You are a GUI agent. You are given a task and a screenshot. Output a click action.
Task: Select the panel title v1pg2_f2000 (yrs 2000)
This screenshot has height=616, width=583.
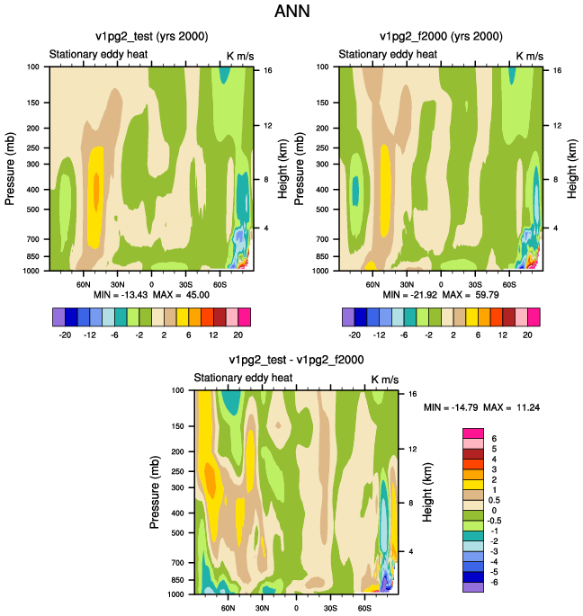pos(441,37)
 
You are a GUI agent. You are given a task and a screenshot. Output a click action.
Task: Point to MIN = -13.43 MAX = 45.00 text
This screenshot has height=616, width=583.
pos(152,294)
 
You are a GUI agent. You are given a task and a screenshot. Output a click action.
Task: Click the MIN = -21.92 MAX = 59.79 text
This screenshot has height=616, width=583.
pos(441,294)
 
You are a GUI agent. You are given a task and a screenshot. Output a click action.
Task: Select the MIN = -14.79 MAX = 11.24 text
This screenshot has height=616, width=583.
pos(482,407)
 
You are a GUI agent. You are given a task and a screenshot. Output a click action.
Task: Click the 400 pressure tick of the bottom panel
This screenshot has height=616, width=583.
pos(175,513)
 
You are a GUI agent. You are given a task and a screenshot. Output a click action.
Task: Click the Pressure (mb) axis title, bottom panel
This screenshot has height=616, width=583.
pos(156,492)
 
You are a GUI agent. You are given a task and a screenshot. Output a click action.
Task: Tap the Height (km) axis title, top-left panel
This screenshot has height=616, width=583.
pos(282,168)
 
